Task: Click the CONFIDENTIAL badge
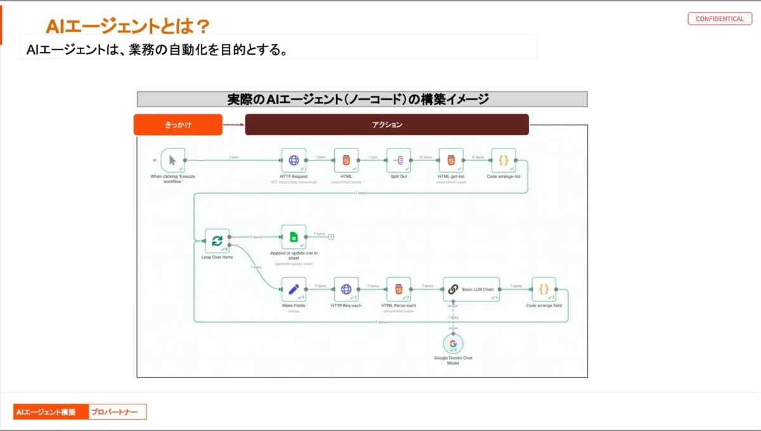click(719, 19)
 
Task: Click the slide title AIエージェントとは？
click(127, 26)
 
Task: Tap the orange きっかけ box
click(178, 125)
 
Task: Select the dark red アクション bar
click(386, 125)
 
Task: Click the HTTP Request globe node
click(294, 161)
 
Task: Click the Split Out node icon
click(398, 161)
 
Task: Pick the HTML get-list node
click(451, 161)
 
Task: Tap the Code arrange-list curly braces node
click(504, 161)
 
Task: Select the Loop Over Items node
click(217, 241)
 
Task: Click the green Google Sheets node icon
click(294, 237)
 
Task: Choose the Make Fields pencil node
click(294, 289)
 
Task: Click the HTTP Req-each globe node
click(346, 289)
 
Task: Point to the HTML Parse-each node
click(398, 289)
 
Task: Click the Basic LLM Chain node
click(471, 289)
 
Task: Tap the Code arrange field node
click(543, 289)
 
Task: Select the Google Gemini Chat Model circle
click(453, 344)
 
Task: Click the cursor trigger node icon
click(172, 161)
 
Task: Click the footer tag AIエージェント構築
click(50, 412)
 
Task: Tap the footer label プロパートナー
click(117, 412)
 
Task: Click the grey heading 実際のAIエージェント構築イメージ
click(361, 99)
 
